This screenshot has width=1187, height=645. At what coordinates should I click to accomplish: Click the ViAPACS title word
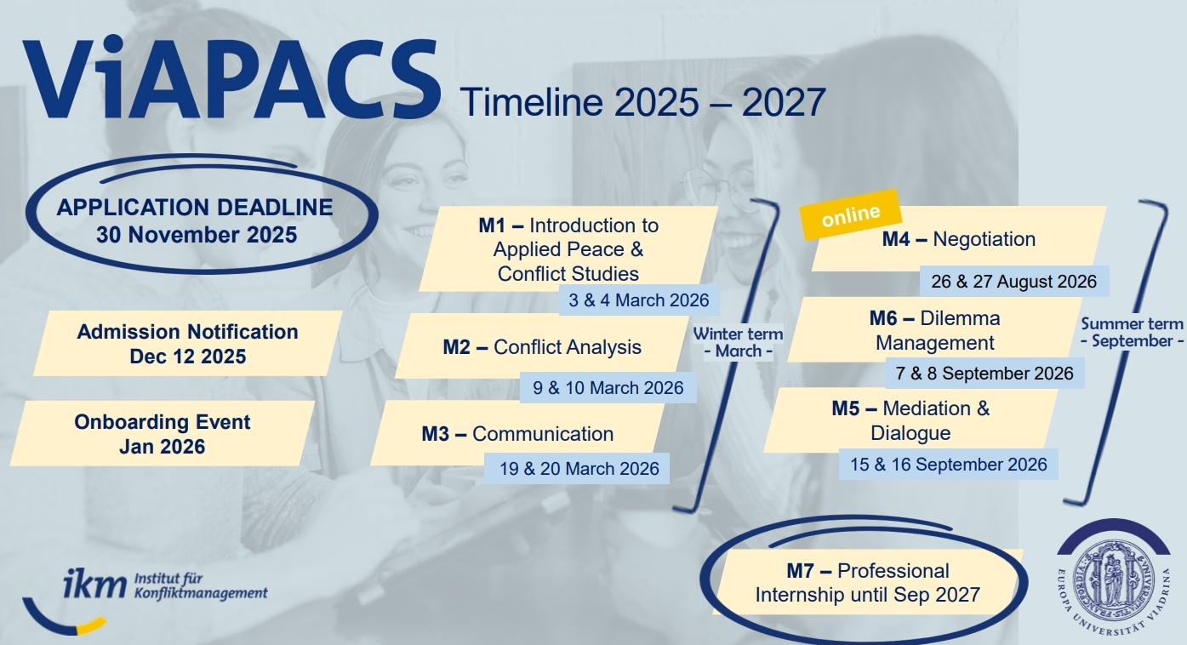point(231,78)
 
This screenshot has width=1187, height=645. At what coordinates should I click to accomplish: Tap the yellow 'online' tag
point(851,214)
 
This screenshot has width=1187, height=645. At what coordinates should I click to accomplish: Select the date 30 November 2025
point(197,235)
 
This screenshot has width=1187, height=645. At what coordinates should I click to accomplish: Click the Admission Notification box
point(187,344)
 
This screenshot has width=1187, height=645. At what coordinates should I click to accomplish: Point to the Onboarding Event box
point(163,433)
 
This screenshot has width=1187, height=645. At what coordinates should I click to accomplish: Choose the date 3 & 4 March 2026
point(638,300)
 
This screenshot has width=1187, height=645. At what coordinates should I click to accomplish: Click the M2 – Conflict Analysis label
point(542,347)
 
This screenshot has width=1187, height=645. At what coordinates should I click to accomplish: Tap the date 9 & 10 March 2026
point(608,387)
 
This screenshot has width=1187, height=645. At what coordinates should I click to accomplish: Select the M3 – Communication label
point(517,433)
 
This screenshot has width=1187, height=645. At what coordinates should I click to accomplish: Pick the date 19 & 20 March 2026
point(579,469)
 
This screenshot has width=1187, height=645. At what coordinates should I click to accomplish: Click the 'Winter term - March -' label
point(738,342)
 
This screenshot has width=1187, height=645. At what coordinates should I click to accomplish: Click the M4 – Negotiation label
point(959,239)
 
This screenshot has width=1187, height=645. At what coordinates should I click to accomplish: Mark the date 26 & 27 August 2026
point(1013,281)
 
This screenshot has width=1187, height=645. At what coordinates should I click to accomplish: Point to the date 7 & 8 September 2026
point(984,373)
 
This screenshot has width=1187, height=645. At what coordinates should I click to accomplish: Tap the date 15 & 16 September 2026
point(949,465)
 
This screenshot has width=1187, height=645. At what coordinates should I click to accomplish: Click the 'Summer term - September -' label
point(1132,333)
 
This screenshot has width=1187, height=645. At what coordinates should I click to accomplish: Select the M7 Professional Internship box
point(867,583)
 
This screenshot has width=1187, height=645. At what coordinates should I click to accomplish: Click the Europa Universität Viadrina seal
point(1113,578)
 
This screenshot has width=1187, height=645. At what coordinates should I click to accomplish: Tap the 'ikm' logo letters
point(94,584)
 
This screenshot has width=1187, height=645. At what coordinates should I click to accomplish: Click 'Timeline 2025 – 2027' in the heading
point(642,102)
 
